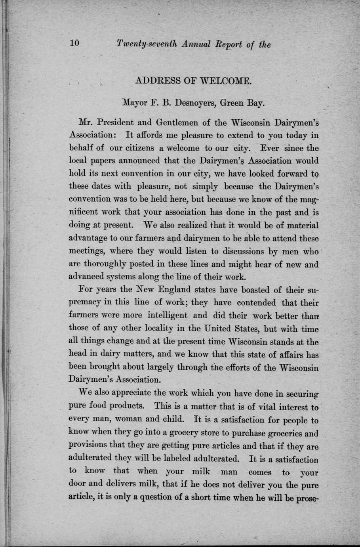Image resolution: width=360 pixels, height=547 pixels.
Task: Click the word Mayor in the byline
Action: click(x=135, y=103)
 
